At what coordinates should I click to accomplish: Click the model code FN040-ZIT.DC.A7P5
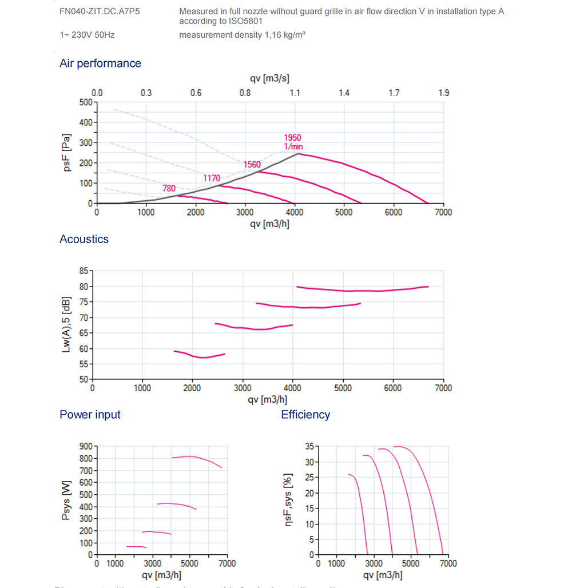click(x=100, y=11)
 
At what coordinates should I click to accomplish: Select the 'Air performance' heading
click(x=100, y=63)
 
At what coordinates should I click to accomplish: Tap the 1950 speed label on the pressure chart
click(x=292, y=138)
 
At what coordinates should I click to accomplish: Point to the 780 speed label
click(x=169, y=188)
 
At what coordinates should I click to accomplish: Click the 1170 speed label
click(x=212, y=178)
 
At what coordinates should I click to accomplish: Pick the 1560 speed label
click(x=252, y=165)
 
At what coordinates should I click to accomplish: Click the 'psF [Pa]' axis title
click(x=68, y=153)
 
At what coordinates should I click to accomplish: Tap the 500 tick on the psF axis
click(x=86, y=102)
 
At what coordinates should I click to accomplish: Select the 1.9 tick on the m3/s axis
click(x=443, y=93)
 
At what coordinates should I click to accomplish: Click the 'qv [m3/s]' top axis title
click(x=270, y=79)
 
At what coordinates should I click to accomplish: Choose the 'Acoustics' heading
click(x=84, y=239)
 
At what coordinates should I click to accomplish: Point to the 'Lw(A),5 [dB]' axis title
click(x=67, y=324)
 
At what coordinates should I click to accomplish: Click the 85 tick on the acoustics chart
click(x=83, y=271)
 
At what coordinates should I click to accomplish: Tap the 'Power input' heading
click(x=90, y=414)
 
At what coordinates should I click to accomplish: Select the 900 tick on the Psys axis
click(x=86, y=446)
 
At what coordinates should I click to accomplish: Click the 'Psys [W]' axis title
click(x=67, y=500)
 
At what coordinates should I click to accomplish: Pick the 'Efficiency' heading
click(x=305, y=414)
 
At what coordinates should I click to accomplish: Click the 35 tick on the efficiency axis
click(x=308, y=446)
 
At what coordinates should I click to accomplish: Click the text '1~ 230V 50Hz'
click(x=87, y=35)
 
